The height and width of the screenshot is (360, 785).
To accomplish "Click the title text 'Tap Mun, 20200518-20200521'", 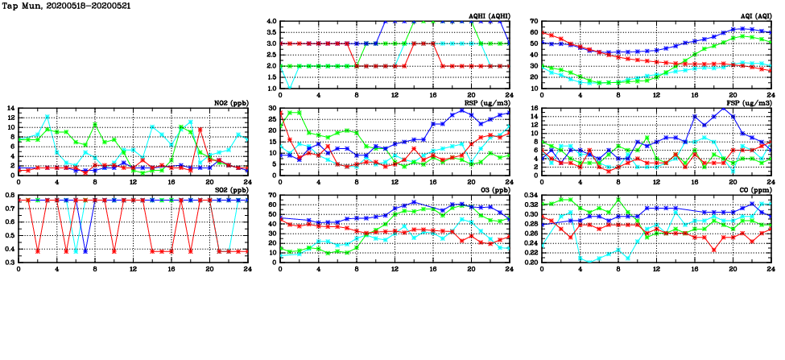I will (x=67, y=6).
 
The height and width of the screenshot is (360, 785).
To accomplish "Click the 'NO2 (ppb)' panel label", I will (x=230, y=103).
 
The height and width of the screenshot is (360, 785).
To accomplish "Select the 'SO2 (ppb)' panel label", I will (x=230, y=190).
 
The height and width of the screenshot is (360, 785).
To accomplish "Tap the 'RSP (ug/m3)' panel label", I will (x=489, y=103).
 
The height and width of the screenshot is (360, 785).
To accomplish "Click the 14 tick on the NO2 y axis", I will (x=10, y=108).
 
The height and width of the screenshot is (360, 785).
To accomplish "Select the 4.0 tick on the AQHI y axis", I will (x=271, y=21).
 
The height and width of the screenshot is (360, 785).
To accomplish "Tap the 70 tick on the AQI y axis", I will (x=533, y=21).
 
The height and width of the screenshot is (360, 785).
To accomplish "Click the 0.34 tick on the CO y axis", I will (x=529, y=195).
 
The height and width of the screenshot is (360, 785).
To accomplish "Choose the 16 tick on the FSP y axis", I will (x=533, y=108).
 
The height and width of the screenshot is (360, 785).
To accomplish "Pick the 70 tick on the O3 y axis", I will (x=271, y=195).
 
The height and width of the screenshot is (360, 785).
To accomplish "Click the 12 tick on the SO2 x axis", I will (x=134, y=269).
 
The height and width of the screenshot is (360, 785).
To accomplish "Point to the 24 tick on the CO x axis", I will (x=771, y=269).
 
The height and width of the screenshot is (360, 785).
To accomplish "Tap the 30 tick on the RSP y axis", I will (x=271, y=108).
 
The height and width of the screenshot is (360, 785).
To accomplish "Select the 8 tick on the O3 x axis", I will (x=357, y=269).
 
